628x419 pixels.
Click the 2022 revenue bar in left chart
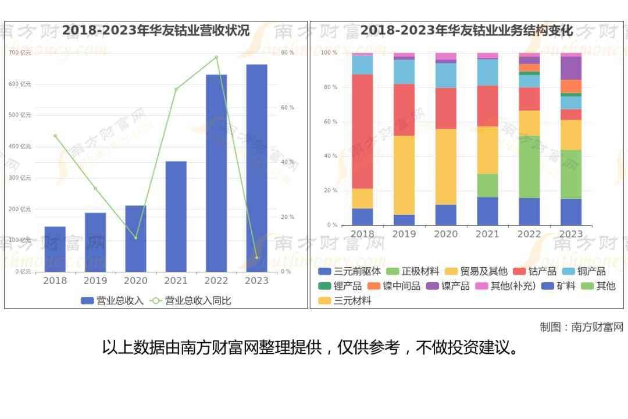[216, 173]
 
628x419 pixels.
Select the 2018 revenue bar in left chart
[55, 249]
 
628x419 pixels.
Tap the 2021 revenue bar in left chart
[176, 216]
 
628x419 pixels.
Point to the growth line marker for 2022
[216, 57]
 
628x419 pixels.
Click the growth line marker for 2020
[135, 237]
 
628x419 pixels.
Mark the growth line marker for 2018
[55, 136]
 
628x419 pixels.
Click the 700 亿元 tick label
[20, 53]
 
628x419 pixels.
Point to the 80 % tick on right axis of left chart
[287, 53]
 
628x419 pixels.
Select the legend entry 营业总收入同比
[191, 301]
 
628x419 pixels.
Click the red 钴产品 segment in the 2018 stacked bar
[362, 131]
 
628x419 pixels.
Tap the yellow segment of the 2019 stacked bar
[404, 175]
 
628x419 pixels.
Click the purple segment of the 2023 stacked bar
[571, 68]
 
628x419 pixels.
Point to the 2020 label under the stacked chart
[446, 234]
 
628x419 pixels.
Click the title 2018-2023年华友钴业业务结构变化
[467, 30]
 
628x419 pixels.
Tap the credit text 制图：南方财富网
[581, 327]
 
